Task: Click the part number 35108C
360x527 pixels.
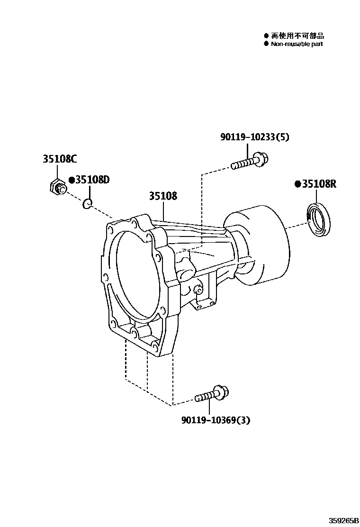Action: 59,159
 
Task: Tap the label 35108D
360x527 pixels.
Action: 92,180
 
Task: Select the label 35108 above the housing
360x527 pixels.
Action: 163,196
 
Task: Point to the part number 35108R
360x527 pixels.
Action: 319,184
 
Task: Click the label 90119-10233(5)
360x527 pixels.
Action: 255,137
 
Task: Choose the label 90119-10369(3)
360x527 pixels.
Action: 216,420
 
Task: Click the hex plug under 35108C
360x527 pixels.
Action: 57,188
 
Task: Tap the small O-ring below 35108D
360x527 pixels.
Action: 87,203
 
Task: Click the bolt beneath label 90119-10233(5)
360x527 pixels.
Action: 250,161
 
